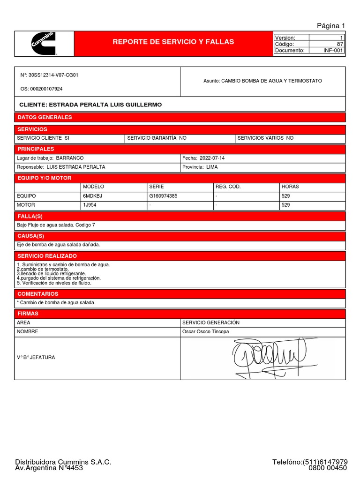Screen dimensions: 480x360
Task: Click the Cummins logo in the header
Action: (x=44, y=44)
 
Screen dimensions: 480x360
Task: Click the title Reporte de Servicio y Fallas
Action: (x=173, y=42)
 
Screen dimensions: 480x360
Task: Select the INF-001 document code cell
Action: (x=333, y=51)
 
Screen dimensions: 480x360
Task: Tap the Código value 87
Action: (x=340, y=44)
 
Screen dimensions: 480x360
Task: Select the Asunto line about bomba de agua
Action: (x=262, y=81)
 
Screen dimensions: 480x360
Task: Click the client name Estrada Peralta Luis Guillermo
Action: (x=90, y=105)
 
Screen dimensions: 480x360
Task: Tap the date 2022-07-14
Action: (x=212, y=158)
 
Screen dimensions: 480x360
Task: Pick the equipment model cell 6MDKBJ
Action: (x=93, y=196)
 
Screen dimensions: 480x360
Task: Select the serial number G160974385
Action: (x=163, y=196)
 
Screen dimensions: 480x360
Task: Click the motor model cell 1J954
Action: (x=90, y=205)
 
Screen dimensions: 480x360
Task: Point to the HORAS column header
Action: (x=290, y=187)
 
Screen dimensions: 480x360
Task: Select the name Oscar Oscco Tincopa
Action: (x=205, y=332)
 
